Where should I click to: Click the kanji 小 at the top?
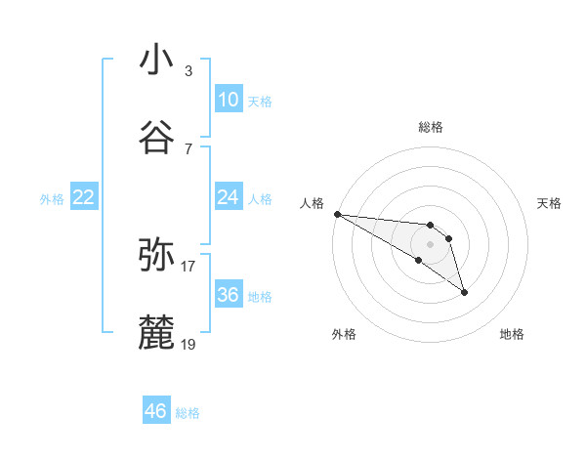click(x=156, y=60)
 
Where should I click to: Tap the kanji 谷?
click(x=156, y=138)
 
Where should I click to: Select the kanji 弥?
click(x=156, y=255)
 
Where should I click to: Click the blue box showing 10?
click(x=228, y=100)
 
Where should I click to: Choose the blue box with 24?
click(x=228, y=197)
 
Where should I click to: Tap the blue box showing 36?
click(x=228, y=295)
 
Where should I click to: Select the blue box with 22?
click(x=84, y=197)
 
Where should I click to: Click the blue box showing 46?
click(x=155, y=411)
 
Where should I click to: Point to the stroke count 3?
click(x=188, y=70)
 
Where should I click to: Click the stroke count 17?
click(x=188, y=266)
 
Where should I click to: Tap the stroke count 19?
click(x=188, y=344)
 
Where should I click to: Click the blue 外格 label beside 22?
click(x=52, y=199)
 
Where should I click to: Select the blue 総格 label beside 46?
click(x=188, y=413)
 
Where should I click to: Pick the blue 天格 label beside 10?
click(x=260, y=102)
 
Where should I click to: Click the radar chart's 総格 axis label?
click(x=430, y=127)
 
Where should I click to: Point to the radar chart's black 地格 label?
click(x=512, y=334)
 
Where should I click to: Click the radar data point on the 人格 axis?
click(x=337, y=214)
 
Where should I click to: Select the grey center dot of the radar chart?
click(x=430, y=244)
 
